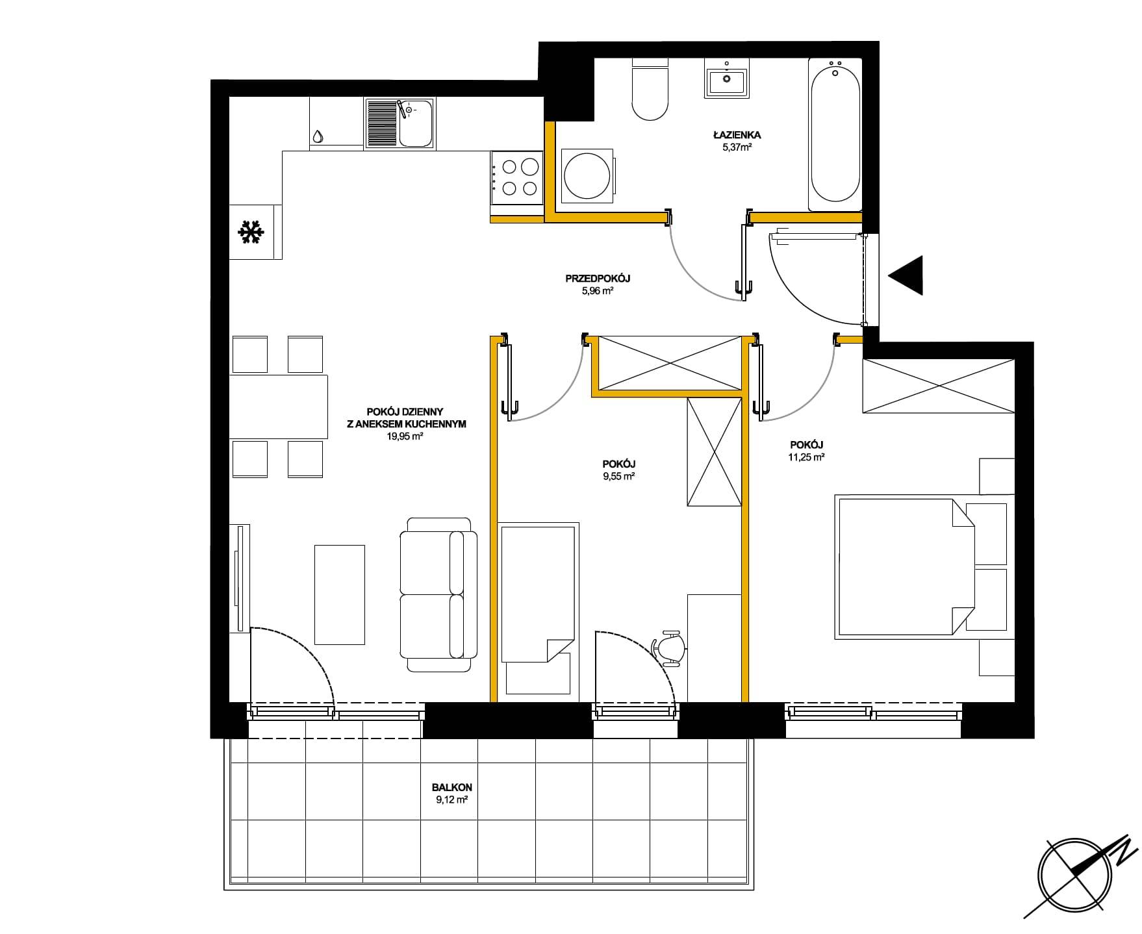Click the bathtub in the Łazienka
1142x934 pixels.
tap(835, 134)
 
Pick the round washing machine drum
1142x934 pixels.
tap(587, 175)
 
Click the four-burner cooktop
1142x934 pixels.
tap(517, 177)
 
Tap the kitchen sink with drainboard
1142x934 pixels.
tap(400, 123)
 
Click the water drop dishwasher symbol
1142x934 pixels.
tap(318, 136)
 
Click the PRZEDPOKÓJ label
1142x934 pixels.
tap(598, 279)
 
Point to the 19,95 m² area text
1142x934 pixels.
tap(405, 436)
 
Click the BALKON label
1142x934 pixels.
tap(452, 787)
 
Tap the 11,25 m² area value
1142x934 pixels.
tap(806, 457)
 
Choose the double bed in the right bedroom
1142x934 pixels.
tap(905, 567)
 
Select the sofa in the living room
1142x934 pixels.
tap(438, 595)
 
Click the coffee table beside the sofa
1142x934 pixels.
tap(340, 594)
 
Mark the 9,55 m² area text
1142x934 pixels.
tap(618, 476)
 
